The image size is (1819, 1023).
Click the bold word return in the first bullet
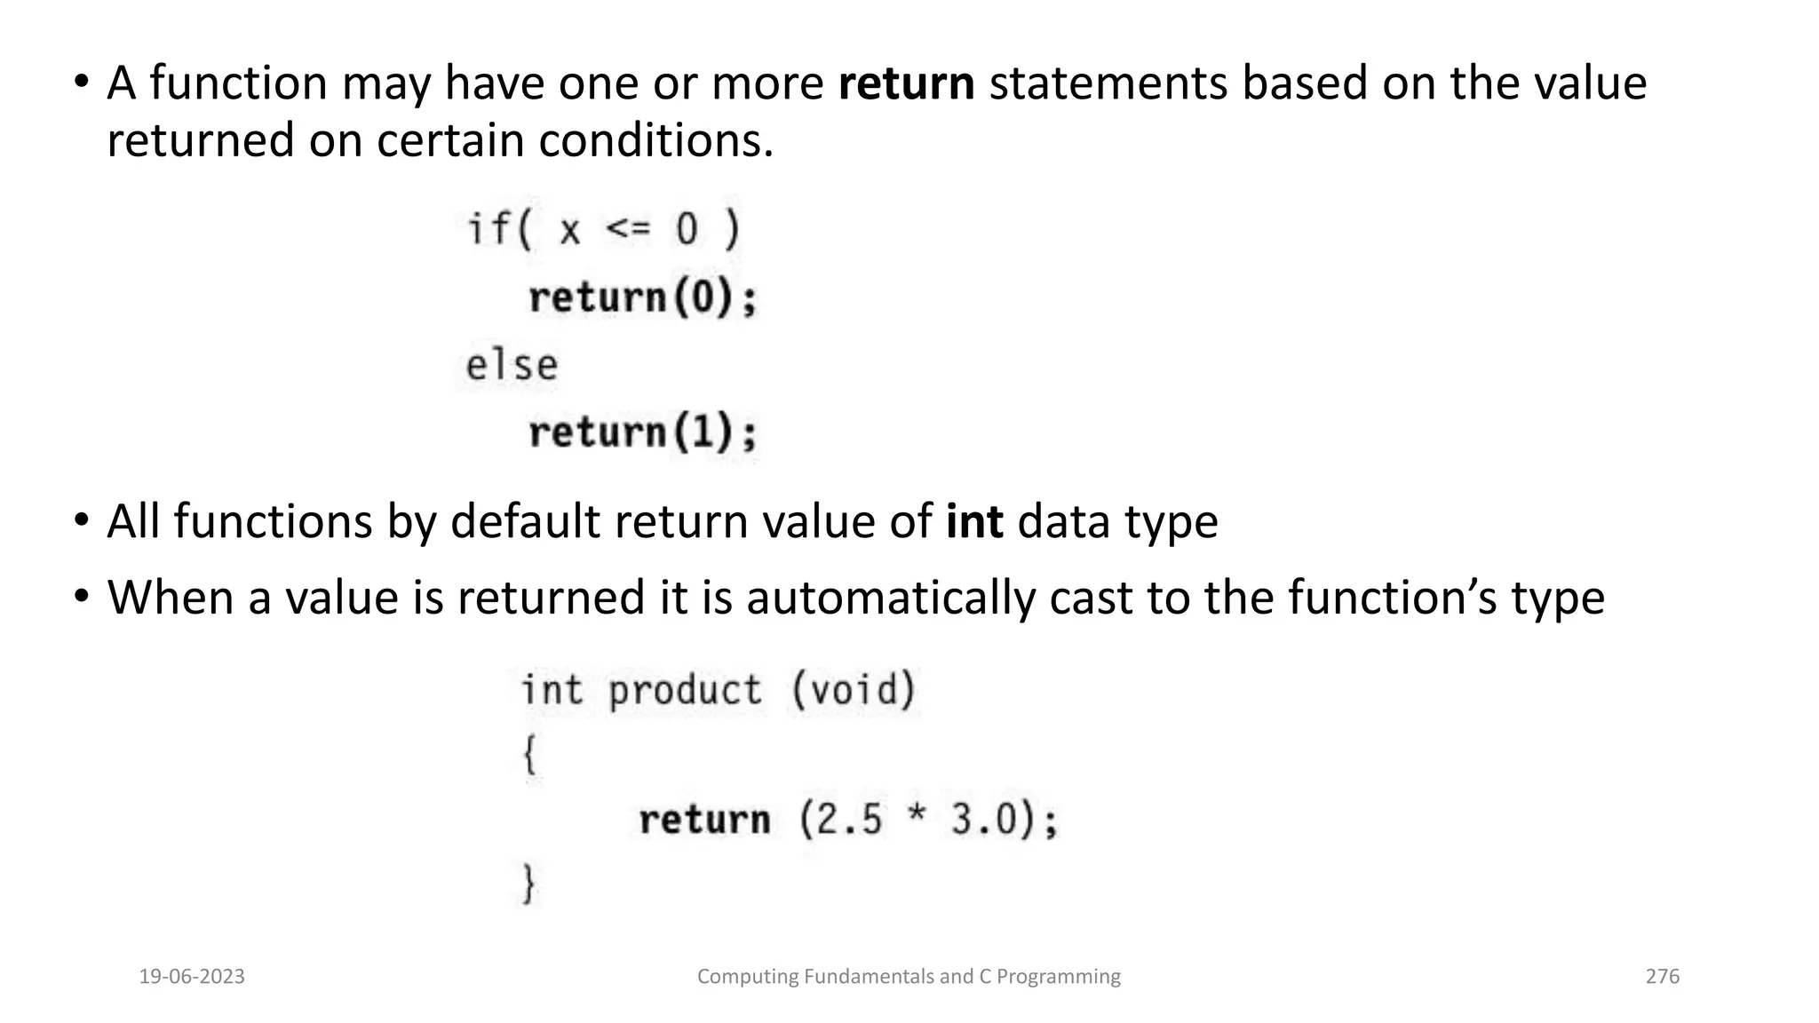click(x=906, y=83)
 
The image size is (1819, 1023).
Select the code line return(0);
click(x=643, y=297)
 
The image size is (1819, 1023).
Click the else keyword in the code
click(x=512, y=366)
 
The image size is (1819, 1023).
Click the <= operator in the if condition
click(x=627, y=229)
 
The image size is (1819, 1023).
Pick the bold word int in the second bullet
click(x=974, y=521)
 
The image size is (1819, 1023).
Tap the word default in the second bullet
click(x=525, y=521)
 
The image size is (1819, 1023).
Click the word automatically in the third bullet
click(x=891, y=598)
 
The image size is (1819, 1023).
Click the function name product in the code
click(x=685, y=691)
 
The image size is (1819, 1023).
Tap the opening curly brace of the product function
click(x=530, y=757)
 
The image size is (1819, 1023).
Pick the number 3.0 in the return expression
click(x=983, y=819)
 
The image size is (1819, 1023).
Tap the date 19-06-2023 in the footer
click(x=192, y=977)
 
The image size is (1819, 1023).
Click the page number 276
click(x=1662, y=977)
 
